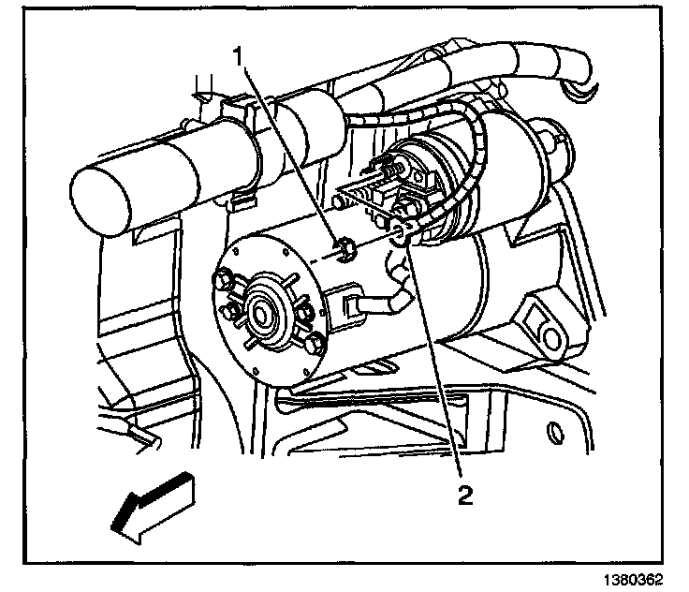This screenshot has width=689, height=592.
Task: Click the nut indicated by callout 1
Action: [344, 250]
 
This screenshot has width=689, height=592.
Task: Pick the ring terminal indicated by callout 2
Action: [399, 233]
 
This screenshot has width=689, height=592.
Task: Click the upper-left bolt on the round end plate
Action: [225, 278]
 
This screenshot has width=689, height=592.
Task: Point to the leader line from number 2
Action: [434, 365]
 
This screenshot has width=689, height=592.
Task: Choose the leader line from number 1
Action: [290, 150]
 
